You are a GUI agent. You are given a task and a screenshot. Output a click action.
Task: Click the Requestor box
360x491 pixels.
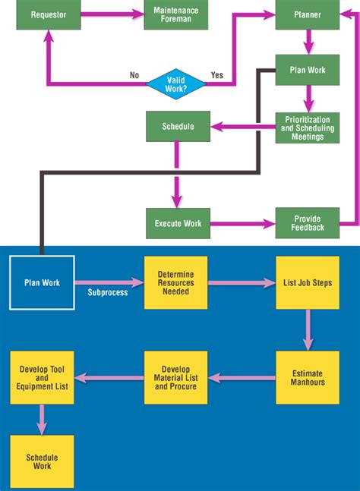point(49,14)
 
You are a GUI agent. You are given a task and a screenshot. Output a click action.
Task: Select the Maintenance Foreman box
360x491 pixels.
point(175,14)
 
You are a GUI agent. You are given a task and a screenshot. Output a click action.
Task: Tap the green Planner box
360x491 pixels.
point(307,14)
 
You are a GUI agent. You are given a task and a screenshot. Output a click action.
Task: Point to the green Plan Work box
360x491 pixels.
point(307,70)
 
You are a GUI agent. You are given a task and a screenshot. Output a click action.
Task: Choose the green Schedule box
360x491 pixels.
point(178,126)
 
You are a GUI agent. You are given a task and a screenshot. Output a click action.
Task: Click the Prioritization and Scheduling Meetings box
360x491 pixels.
point(307,127)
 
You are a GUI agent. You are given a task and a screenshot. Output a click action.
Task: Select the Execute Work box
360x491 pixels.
point(178,223)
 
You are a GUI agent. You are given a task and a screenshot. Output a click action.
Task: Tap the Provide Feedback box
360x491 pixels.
point(307,223)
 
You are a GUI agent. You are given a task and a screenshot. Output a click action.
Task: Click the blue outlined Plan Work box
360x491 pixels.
point(42,282)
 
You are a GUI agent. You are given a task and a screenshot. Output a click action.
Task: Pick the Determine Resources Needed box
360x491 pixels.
point(175,282)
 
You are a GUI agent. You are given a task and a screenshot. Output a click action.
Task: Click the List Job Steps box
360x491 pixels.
point(307,282)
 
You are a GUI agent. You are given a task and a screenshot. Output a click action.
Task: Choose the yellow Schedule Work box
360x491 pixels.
point(42,461)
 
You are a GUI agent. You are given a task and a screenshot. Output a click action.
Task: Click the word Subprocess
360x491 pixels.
point(107,292)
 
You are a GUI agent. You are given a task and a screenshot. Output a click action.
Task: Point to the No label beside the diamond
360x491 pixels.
point(134,75)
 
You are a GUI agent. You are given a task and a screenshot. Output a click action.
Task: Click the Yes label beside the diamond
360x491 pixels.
point(216,75)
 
